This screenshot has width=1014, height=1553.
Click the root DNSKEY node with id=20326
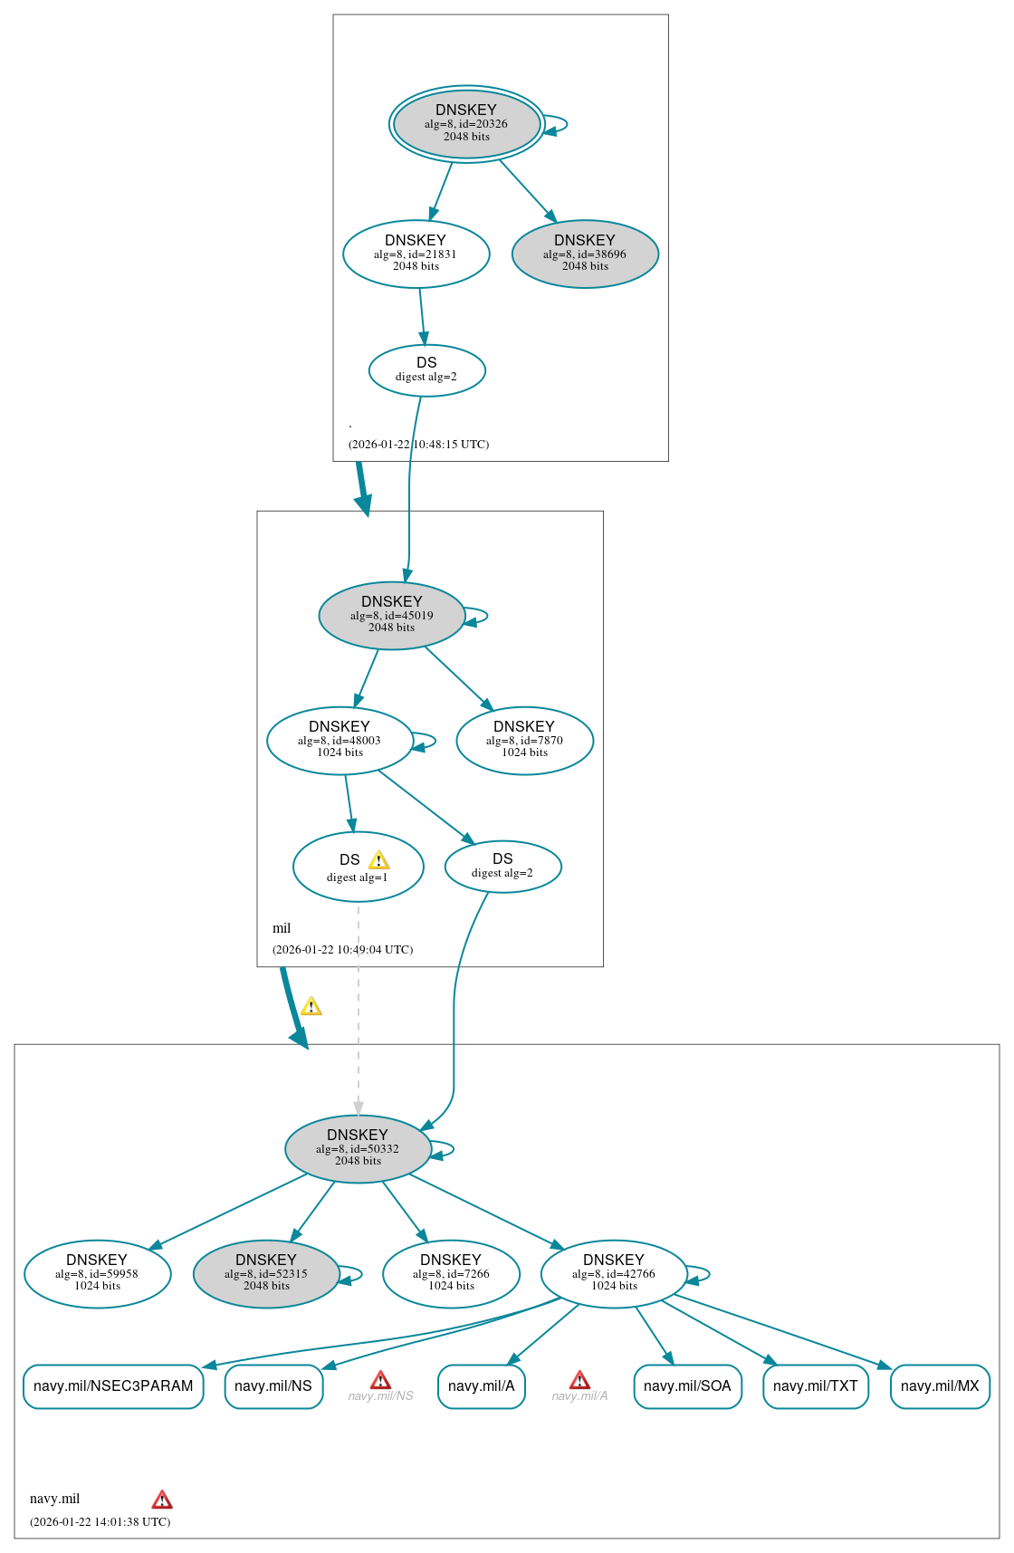(x=466, y=124)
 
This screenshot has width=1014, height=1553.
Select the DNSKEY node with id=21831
(x=416, y=254)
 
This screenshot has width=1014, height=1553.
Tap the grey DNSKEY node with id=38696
(x=585, y=254)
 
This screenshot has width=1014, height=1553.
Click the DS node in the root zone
(x=426, y=369)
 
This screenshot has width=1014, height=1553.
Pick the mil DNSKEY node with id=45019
(x=391, y=615)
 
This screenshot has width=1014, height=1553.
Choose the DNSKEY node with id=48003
(x=340, y=740)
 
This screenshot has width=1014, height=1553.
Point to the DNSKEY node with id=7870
(x=524, y=740)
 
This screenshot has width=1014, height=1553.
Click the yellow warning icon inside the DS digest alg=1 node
(x=378, y=860)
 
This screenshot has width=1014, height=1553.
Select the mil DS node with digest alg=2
(x=502, y=866)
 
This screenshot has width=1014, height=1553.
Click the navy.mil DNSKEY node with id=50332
(x=357, y=1148)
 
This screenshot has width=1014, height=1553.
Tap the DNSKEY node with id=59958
(x=97, y=1273)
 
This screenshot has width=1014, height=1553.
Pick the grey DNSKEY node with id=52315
(x=266, y=1273)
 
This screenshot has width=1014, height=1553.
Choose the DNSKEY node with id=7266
(x=451, y=1273)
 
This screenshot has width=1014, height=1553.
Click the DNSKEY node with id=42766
(x=613, y=1273)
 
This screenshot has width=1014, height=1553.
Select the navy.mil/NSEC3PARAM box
(x=113, y=1386)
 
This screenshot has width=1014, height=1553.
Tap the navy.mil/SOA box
(x=687, y=1386)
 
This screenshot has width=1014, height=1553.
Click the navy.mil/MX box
(x=940, y=1386)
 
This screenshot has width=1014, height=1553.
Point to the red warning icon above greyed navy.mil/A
(x=579, y=1380)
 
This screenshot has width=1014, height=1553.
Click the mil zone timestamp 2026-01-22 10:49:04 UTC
(x=342, y=950)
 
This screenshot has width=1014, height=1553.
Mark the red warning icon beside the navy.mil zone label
(x=162, y=1500)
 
